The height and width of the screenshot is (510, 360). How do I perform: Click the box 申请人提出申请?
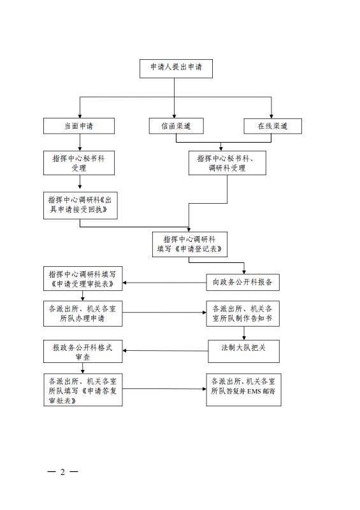[176, 69]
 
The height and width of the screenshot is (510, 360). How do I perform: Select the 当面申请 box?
[79, 126]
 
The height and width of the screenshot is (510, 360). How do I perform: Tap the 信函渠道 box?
[176, 126]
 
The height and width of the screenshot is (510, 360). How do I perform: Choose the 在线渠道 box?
[273, 126]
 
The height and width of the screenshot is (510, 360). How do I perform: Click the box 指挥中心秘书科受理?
[79, 163]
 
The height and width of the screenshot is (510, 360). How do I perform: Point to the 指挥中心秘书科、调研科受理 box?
[227, 163]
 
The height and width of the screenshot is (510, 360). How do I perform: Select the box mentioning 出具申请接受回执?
[80, 205]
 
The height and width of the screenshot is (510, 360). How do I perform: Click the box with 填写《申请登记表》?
[190, 244]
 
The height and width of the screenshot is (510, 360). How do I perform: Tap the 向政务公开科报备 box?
[243, 282]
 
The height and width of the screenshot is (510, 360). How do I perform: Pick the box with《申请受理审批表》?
[83, 279]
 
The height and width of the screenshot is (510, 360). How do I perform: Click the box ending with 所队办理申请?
[83, 313]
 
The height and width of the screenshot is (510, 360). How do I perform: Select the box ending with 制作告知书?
[243, 313]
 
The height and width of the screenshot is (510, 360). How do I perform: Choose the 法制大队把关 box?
[244, 351]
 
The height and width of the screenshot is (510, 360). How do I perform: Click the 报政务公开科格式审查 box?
[83, 351]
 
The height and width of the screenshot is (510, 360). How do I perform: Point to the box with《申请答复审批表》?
[83, 390]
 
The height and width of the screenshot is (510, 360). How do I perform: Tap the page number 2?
[62, 472]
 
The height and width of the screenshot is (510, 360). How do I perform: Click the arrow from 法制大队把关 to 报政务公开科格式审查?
[166, 351]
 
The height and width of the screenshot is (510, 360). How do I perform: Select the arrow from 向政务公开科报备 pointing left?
[164, 283]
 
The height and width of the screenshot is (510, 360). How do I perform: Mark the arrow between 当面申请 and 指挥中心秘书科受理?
[80, 142]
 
